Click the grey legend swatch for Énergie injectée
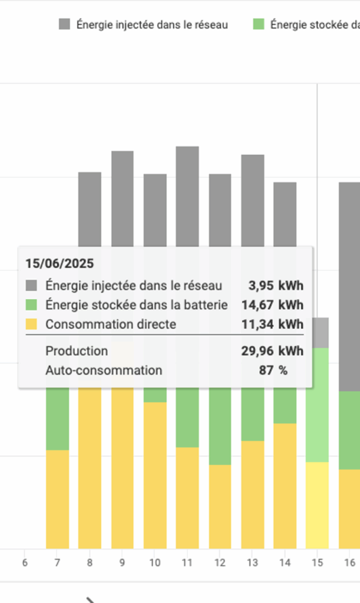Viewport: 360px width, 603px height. [64, 24]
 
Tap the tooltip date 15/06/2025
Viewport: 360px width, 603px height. [60, 263]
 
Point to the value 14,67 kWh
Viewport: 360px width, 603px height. [272, 304]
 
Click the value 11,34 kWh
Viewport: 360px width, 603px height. [272, 324]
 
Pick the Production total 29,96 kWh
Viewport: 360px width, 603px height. [272, 351]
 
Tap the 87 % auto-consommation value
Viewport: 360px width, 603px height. [273, 370]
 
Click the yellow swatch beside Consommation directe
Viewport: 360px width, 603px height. [31, 324]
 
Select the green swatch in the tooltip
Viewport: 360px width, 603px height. [31, 304]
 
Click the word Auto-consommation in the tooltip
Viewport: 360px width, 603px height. [104, 370]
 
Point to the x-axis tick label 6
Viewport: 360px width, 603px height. [25, 563]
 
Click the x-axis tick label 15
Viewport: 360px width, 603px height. [317, 563]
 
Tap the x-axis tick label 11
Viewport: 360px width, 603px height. [187, 563]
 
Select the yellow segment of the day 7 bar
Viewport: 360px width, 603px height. [57, 499]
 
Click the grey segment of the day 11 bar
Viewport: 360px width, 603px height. [187, 194]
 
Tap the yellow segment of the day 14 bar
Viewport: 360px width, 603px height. [285, 486]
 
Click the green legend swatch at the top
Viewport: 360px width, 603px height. [259, 24]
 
